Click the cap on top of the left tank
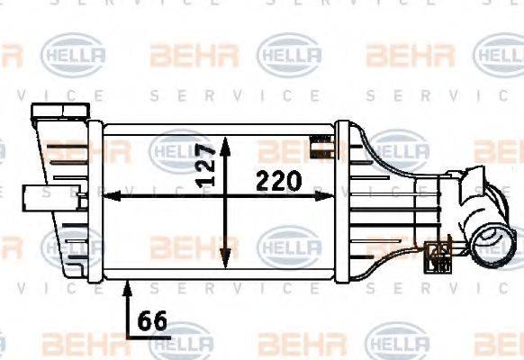(x=53, y=113)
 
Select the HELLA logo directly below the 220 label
(x=288, y=244)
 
